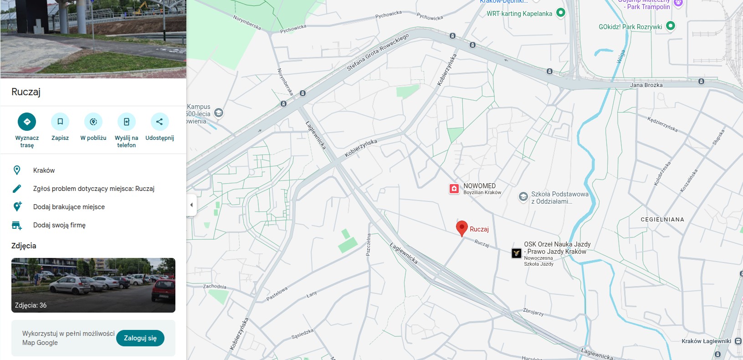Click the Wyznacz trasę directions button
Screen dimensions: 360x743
(x=27, y=122)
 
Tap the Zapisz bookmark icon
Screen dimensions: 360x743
(x=60, y=122)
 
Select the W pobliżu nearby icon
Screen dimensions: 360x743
(x=93, y=122)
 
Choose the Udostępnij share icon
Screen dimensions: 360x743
(x=159, y=122)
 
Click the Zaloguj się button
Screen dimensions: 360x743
(x=140, y=338)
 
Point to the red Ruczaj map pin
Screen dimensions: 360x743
(x=462, y=228)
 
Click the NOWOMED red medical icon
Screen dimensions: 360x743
(x=454, y=189)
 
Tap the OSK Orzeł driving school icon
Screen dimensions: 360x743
(x=516, y=253)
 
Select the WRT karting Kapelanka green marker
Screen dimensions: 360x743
(x=561, y=13)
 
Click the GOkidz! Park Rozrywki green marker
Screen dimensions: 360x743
(x=671, y=26)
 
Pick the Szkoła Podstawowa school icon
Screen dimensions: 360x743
(x=523, y=197)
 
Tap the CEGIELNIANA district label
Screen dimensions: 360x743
(x=662, y=220)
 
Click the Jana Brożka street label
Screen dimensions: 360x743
(x=646, y=85)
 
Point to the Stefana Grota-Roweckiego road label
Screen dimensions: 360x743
(x=378, y=52)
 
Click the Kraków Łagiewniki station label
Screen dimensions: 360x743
(x=706, y=341)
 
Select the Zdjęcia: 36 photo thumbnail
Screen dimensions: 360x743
(x=93, y=285)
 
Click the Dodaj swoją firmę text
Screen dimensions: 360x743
(x=59, y=225)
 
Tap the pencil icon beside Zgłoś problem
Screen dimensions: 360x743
(x=17, y=189)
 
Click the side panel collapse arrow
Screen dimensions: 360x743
(x=191, y=205)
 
